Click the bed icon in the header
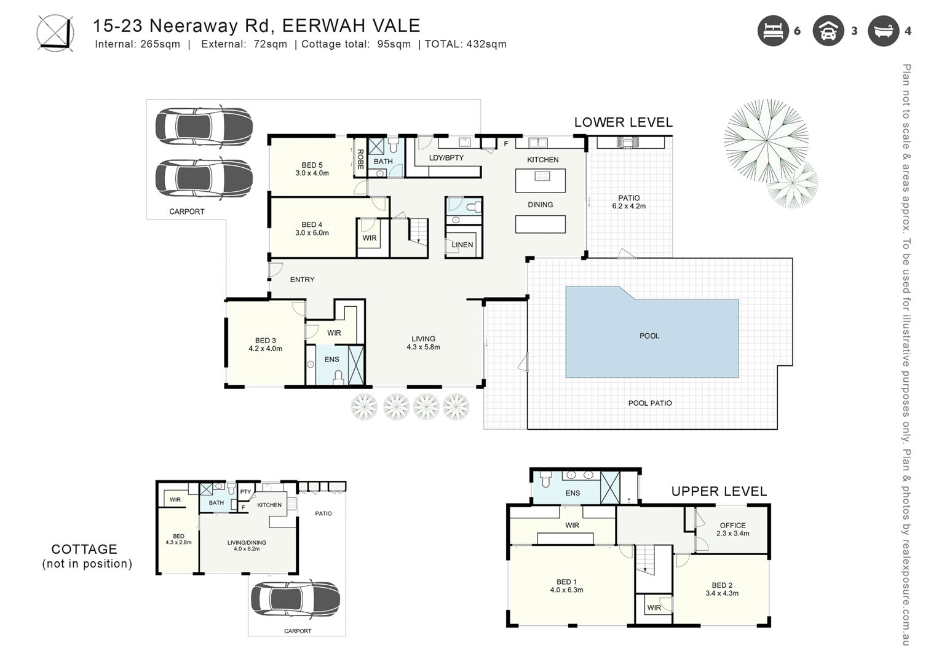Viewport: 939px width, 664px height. (773, 31)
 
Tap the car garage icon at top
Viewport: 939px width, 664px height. (828, 31)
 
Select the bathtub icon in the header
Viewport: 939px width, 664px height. (883, 31)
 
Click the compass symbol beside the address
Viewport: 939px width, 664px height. (55, 34)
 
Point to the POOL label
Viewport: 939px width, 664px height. (649, 336)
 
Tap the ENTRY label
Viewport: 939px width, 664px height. (303, 280)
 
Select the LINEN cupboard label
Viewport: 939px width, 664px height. (462, 245)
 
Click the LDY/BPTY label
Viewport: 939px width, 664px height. (446, 158)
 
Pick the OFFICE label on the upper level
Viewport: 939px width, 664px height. (733, 525)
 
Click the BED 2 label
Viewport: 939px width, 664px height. (722, 585)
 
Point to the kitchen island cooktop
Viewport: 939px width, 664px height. (542, 176)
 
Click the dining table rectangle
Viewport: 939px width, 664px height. (541, 224)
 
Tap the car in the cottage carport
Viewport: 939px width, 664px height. (295, 599)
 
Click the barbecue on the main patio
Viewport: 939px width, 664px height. (627, 143)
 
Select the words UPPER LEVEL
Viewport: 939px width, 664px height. (719, 491)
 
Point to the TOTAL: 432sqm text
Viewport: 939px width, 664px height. (466, 44)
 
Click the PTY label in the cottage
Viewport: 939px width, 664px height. (245, 492)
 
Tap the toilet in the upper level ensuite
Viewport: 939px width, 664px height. (545, 479)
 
